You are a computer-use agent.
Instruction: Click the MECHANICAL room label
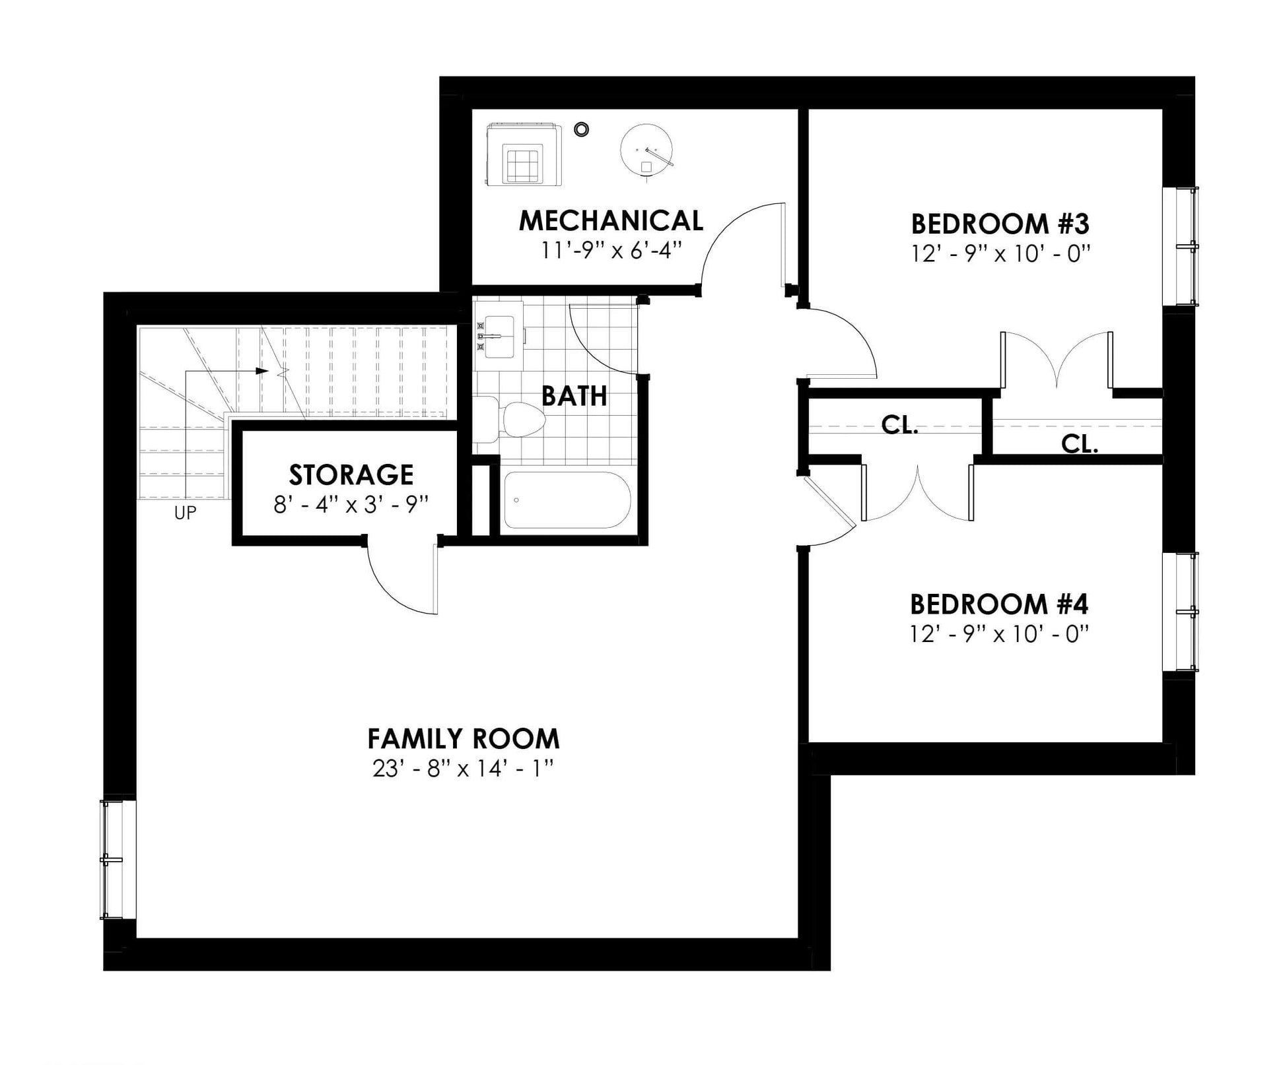(611, 220)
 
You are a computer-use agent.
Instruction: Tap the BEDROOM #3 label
(1000, 224)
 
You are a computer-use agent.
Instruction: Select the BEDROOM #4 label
(999, 604)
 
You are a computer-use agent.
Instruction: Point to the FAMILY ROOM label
(463, 739)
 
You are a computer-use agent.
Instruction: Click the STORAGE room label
(351, 475)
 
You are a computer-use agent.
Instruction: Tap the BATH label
(574, 396)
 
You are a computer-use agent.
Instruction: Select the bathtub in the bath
(567, 500)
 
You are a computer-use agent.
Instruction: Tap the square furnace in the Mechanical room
(524, 154)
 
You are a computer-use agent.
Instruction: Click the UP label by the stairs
(186, 513)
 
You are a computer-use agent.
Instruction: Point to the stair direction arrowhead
(262, 371)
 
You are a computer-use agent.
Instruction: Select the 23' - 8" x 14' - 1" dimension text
(462, 769)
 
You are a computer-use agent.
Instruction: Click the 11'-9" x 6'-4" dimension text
(611, 250)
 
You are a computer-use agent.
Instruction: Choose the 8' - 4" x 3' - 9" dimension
(351, 505)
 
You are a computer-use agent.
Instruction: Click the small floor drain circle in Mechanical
(581, 129)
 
